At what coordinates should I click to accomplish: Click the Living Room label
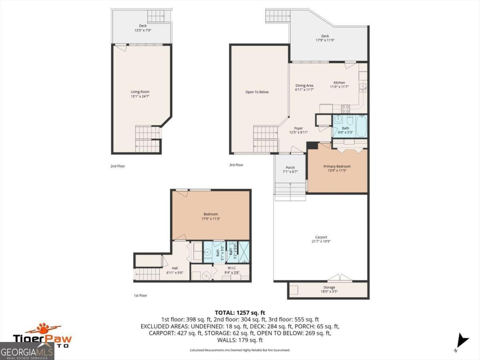click(140, 92)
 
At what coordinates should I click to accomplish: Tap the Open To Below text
click(257, 92)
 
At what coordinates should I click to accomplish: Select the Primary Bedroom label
click(337, 166)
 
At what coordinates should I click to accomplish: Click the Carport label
click(321, 237)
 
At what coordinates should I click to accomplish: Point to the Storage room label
click(329, 287)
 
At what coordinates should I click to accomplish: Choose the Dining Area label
click(304, 86)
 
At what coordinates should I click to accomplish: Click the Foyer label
click(298, 128)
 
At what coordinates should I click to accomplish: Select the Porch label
click(290, 168)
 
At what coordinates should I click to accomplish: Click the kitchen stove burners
click(345, 108)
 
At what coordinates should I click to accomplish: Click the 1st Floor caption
click(140, 296)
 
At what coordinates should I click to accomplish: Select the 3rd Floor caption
click(236, 165)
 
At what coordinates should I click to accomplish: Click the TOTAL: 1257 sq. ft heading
click(240, 312)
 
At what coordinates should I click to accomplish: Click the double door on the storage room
click(340, 278)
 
